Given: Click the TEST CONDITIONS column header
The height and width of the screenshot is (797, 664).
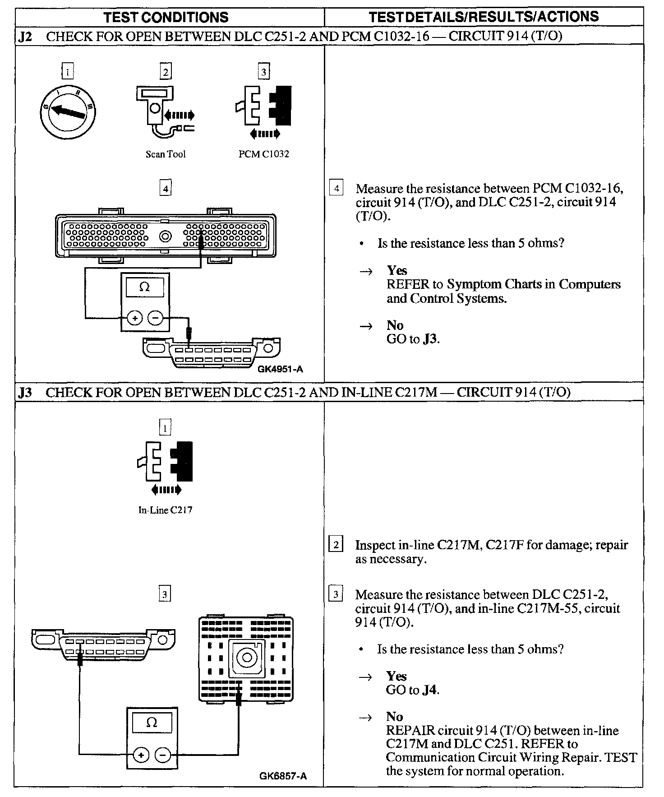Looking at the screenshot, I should tap(166, 17).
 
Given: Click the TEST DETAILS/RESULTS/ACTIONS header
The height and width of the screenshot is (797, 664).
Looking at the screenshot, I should tap(484, 17).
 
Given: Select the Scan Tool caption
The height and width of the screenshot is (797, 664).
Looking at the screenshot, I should tap(166, 154).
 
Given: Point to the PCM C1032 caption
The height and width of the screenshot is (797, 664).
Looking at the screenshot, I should tap(263, 154).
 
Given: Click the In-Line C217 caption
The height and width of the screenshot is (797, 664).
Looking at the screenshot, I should tap(165, 510).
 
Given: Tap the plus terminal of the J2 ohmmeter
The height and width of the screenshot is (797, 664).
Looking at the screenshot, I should tap(134, 318).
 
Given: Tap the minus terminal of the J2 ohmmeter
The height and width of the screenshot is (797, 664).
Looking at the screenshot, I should tap(156, 318).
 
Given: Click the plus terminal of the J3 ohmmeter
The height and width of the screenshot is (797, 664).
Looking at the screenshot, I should tap(141, 755).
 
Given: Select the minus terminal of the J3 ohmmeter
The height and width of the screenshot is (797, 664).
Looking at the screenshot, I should tap(163, 755).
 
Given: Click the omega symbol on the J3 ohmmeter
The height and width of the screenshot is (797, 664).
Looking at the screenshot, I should tap(152, 723).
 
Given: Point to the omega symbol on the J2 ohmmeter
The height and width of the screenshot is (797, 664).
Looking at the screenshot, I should tap(145, 287).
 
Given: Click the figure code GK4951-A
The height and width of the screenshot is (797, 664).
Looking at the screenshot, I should tap(280, 369).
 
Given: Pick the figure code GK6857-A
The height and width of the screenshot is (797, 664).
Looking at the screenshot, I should tap(283, 776).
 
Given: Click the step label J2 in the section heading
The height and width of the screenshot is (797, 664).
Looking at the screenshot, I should tap(25, 36).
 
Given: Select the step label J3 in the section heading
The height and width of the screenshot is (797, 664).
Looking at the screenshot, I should tap(25, 392).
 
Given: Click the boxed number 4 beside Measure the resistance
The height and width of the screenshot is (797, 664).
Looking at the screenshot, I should tap(336, 187).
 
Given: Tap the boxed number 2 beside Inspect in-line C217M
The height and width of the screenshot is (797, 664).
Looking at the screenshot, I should tap(336, 544).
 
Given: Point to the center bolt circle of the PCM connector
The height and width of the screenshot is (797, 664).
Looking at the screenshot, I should tap(166, 236).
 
